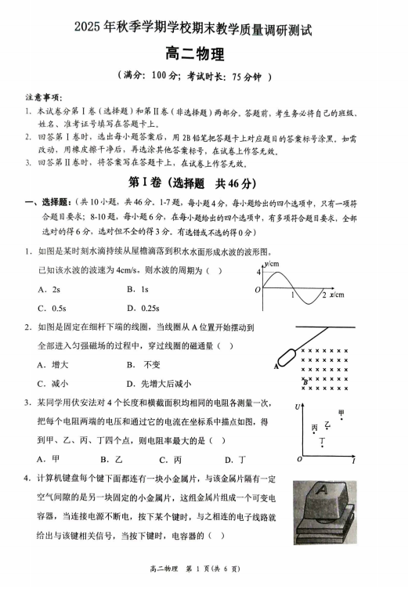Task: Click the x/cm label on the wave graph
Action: [337, 295]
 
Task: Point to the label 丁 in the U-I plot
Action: [322, 443]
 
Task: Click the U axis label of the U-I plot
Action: [298, 407]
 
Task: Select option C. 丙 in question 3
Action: [170, 459]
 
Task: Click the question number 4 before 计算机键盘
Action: [27, 479]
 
